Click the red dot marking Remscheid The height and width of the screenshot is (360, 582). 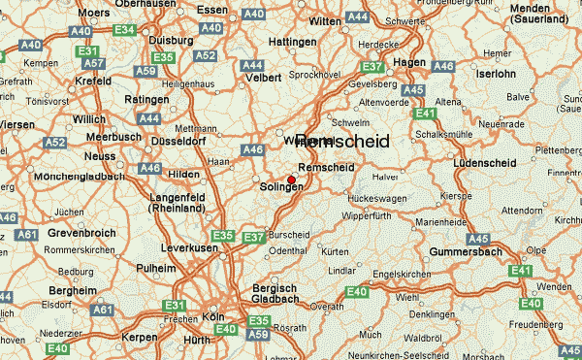[291, 179]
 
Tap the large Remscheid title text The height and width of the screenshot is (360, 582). [341, 142]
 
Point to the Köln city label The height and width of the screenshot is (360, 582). [213, 316]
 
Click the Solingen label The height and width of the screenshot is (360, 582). [282, 186]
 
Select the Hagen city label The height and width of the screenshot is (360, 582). [410, 61]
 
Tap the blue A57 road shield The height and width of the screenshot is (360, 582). [93, 64]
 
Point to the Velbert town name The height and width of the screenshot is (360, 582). [263, 77]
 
